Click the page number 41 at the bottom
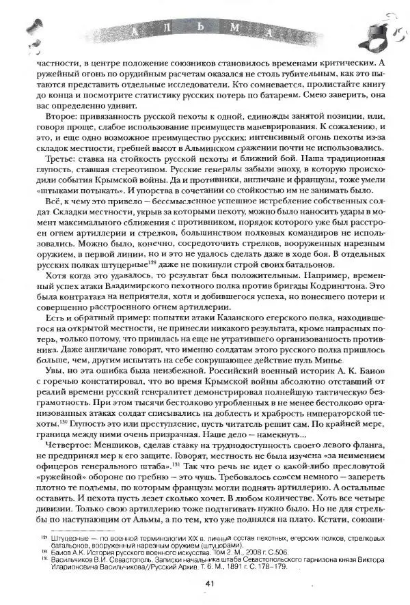coord(210,582)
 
